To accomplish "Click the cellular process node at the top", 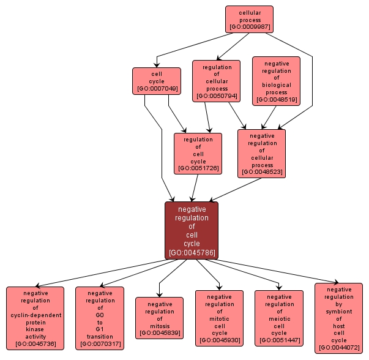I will pyautogui.click(x=249, y=19).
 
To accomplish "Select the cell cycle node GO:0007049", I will pyautogui.click(x=157, y=81).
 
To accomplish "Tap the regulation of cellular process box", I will pyautogui.click(x=217, y=81).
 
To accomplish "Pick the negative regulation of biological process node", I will pyautogui.click(x=276, y=81).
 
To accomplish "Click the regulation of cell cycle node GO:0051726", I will pyautogui.click(x=198, y=153).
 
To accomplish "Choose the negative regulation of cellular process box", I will pyautogui.click(x=261, y=154).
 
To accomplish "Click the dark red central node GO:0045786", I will pyautogui.click(x=192, y=231).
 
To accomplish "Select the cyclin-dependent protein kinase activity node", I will pyautogui.click(x=35, y=318).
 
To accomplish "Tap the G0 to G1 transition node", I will pyautogui.click(x=100, y=318).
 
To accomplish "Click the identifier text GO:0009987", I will pyautogui.click(x=249, y=28).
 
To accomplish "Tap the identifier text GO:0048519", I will pyautogui.click(x=276, y=100).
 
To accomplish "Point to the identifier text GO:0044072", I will pyautogui.click(x=338, y=348).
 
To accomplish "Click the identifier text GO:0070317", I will pyautogui.click(x=100, y=344).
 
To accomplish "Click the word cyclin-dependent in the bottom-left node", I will pyautogui.click(x=35, y=315).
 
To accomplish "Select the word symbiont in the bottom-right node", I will pyautogui.click(x=338, y=311).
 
